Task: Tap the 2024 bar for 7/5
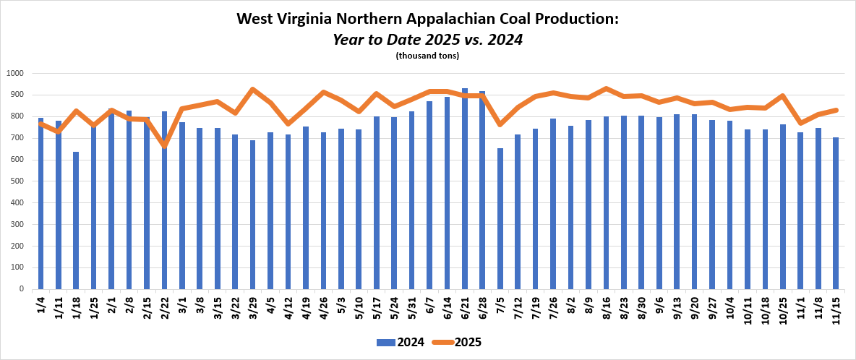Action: click(x=500, y=218)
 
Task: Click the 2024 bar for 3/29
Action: click(x=252, y=215)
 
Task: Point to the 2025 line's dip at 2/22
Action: click(x=164, y=146)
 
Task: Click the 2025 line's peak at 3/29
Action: click(x=252, y=90)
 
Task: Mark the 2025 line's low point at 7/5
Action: click(x=500, y=124)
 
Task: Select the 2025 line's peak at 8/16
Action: click(x=606, y=89)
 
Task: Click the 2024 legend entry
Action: click(x=395, y=342)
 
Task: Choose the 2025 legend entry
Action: click(x=457, y=342)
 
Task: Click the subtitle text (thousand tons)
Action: click(x=427, y=56)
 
